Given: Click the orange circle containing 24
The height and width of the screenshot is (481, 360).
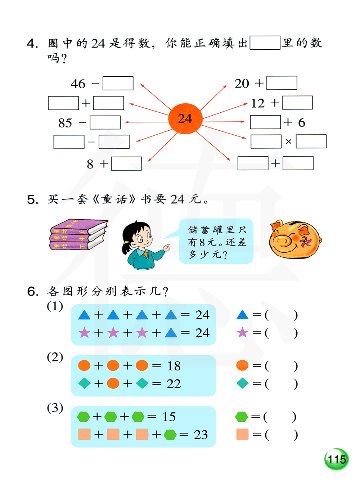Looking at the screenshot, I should pyautogui.click(x=185, y=118).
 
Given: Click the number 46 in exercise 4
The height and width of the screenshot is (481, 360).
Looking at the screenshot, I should pyautogui.click(x=78, y=84).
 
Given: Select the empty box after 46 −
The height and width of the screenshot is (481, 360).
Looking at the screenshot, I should pyautogui.click(x=118, y=83).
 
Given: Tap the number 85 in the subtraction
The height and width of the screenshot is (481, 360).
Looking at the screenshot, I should pyautogui.click(x=65, y=123).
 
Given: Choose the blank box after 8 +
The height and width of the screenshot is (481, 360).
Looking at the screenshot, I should pyautogui.click(x=126, y=163).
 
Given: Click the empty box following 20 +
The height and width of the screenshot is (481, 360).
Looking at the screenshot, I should pyautogui.click(x=282, y=83).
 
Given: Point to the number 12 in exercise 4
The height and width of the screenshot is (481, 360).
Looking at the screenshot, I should pyautogui.click(x=258, y=103).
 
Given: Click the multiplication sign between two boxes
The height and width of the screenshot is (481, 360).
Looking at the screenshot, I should pyautogui.click(x=288, y=141).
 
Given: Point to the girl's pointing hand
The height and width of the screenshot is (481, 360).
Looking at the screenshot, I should pyautogui.click(x=166, y=248).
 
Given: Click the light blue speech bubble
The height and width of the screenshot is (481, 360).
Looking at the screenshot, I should pyautogui.click(x=216, y=241).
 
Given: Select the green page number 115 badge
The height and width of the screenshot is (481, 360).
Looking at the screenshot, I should pyautogui.click(x=337, y=459).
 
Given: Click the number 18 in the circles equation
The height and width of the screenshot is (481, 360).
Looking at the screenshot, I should pyautogui.click(x=174, y=366).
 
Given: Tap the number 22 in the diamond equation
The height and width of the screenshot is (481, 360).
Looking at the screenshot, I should pyautogui.click(x=174, y=384).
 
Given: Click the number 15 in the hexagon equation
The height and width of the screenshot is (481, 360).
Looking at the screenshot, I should pyautogui.click(x=169, y=417).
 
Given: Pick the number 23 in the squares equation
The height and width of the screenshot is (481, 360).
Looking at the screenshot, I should pyautogui.click(x=201, y=435).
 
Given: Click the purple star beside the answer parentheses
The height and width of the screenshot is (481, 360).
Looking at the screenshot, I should pyautogui.click(x=242, y=333).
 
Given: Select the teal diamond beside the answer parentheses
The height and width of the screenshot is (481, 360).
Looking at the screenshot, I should pyautogui.click(x=242, y=383).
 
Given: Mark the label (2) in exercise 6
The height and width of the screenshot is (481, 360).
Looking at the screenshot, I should pyautogui.click(x=55, y=357).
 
